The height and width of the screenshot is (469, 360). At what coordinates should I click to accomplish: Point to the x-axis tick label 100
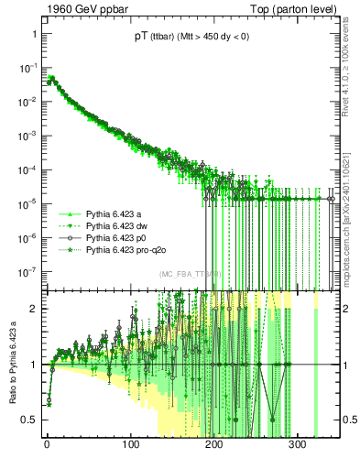(131, 446)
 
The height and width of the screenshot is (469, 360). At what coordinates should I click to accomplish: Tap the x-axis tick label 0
(47, 446)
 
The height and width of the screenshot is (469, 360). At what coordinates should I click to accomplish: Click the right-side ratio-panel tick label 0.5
(347, 420)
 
